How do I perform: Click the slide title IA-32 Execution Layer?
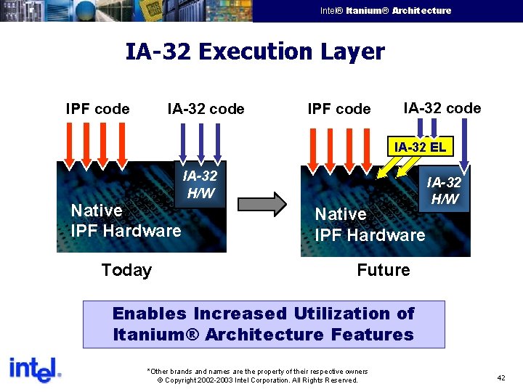coord(255,52)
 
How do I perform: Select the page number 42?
coord(501,378)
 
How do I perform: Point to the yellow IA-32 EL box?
coord(419,147)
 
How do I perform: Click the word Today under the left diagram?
coord(126,270)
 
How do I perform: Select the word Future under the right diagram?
coord(383,270)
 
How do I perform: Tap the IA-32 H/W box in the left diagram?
coord(200,184)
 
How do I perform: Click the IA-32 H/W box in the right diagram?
coord(443,191)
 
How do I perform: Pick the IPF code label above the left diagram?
coord(97,109)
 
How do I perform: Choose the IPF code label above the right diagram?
coord(338,109)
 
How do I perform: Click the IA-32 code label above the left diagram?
coord(206,109)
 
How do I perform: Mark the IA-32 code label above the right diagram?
coord(442,108)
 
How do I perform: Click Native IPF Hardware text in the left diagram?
coord(125,221)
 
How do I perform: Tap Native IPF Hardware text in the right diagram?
coord(369,224)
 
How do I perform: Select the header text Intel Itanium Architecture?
coord(386,11)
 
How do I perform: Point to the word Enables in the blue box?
coord(149,314)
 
